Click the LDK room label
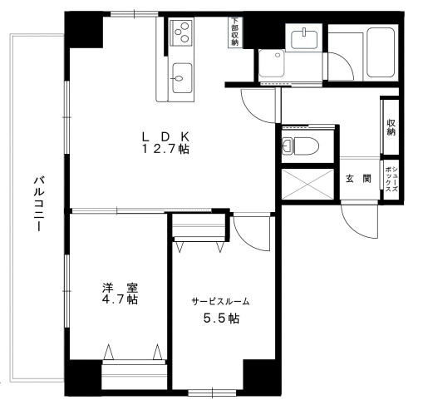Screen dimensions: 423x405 [165, 136]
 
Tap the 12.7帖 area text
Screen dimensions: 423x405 [165, 149]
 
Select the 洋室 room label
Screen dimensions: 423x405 [120, 288]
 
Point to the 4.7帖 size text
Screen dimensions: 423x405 [120, 299]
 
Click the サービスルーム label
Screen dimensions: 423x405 [221, 301]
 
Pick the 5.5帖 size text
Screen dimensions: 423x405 [221, 319]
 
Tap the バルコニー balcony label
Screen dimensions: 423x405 [38, 203]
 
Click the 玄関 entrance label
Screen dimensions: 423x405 [358, 179]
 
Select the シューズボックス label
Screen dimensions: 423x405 [391, 180]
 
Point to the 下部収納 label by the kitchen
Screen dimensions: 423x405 [234, 32]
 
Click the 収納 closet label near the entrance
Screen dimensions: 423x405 [391, 127]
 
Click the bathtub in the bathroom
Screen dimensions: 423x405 [381, 52]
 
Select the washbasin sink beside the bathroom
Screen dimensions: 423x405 [304, 39]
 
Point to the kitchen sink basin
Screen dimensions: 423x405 [182, 78]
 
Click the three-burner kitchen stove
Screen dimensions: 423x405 [181, 32]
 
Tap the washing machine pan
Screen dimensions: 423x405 [272, 63]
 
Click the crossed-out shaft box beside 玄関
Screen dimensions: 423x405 [307, 184]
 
